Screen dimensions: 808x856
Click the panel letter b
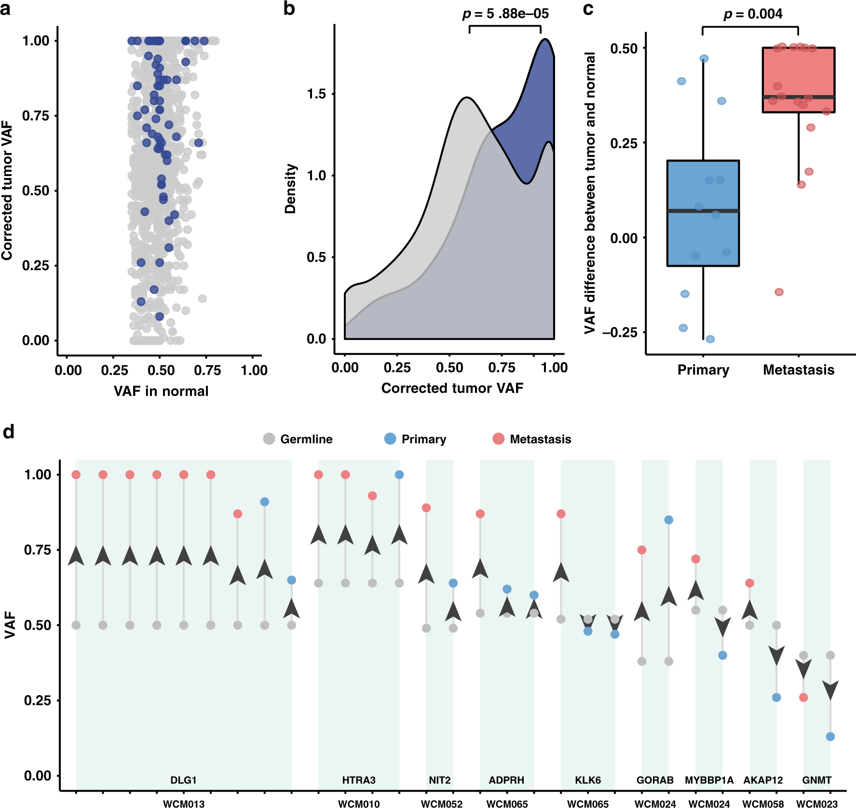[289, 9]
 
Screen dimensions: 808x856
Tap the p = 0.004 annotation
[753, 14]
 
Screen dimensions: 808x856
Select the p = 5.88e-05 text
[505, 14]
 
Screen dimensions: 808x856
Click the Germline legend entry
[298, 439]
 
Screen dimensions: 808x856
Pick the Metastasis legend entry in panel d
[531, 439]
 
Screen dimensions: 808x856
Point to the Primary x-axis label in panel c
[703, 370]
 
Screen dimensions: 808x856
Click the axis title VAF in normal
[161, 391]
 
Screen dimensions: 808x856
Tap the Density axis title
[290, 189]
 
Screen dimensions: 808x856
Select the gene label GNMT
[816, 780]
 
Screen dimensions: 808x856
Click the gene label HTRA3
[358, 780]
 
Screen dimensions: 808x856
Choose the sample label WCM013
[183, 804]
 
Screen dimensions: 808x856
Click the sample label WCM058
[762, 804]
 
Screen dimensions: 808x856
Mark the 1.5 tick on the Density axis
[316, 94]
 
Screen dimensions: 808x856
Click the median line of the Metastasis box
[798, 97]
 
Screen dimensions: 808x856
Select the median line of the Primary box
[703, 211]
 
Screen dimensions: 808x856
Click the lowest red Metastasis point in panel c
[779, 292]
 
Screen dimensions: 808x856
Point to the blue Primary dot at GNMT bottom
[830, 737]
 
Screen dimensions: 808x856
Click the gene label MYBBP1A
[709, 780]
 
